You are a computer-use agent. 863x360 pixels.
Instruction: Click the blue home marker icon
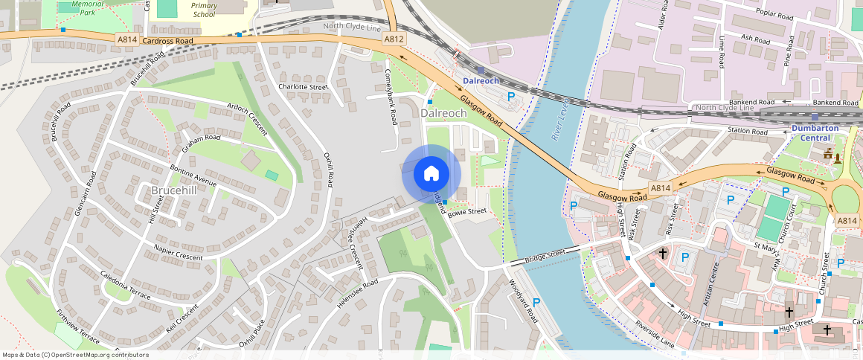click(431, 174)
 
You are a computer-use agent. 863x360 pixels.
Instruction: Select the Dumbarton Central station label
click(815, 132)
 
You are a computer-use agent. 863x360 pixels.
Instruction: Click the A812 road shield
click(394, 38)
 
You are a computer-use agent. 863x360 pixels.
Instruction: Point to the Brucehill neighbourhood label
click(175, 190)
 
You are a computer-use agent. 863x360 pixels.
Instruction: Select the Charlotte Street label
click(303, 87)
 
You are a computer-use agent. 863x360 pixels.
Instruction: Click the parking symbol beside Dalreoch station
click(511, 96)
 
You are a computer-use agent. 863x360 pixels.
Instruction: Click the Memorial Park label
click(88, 8)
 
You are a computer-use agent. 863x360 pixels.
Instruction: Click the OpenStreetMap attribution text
click(75, 355)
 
